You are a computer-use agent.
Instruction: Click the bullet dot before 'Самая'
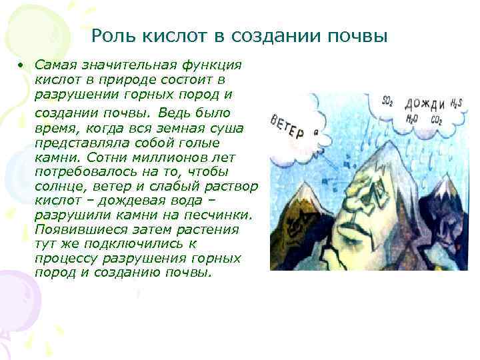click(x=21, y=65)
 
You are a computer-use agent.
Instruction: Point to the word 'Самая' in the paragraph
click(x=57, y=65)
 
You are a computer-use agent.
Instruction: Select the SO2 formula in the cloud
click(x=386, y=101)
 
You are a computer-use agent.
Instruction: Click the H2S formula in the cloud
click(x=454, y=103)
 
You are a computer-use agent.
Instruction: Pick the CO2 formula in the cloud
click(x=436, y=120)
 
